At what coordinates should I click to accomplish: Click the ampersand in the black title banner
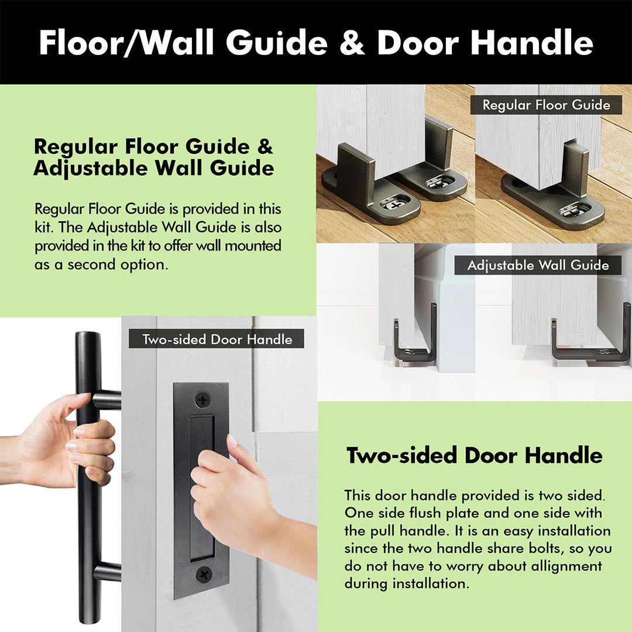click(352, 42)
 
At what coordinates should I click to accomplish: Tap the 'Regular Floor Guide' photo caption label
click(546, 105)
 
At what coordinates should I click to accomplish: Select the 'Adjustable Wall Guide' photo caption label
click(538, 265)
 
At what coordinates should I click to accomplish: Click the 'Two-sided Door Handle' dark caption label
click(217, 339)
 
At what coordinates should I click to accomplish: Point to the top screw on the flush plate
click(202, 400)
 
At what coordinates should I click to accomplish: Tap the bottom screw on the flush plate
click(204, 574)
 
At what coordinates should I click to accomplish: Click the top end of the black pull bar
click(88, 335)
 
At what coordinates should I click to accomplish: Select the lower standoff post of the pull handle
click(107, 572)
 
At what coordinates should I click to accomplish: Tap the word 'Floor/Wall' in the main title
click(126, 42)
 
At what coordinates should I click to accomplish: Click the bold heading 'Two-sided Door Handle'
click(475, 455)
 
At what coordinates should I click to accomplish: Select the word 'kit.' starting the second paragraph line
click(43, 227)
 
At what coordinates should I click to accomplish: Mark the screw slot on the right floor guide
click(575, 209)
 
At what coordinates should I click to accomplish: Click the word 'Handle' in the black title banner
click(532, 42)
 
